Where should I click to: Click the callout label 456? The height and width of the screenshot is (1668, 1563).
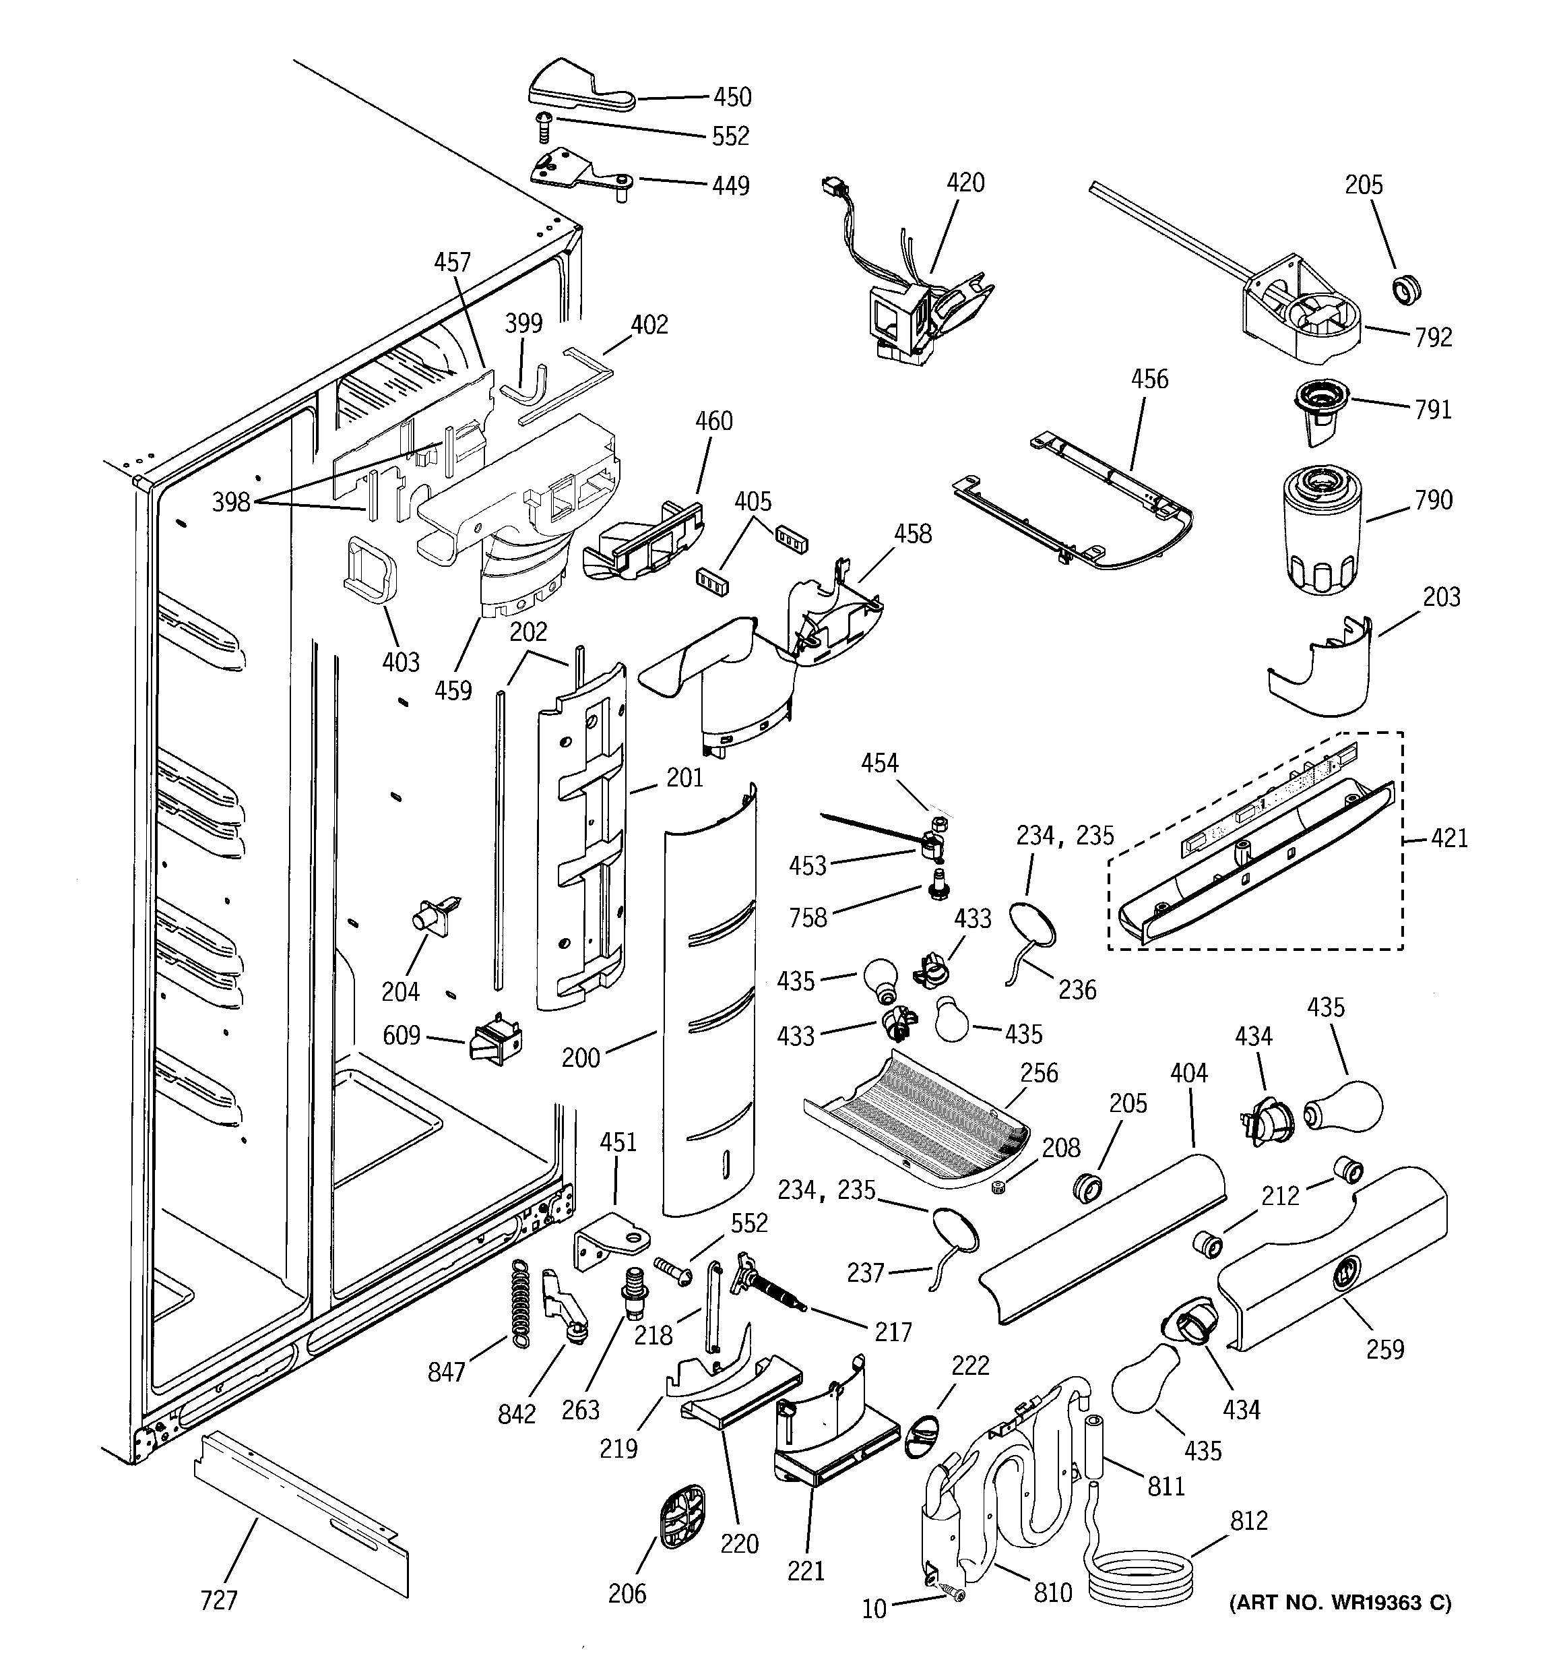click(x=1149, y=379)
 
